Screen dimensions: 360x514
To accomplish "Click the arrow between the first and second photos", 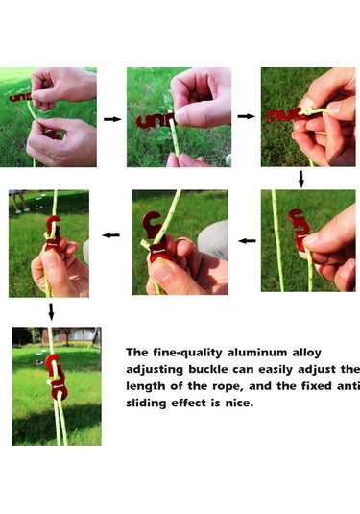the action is pyautogui.click(x=112, y=119).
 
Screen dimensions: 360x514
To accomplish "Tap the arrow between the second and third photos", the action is pyautogui.click(x=246, y=116).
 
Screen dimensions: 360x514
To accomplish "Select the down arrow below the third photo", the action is pyautogui.click(x=301, y=180).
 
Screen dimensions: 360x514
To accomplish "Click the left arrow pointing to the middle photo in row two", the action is pyautogui.click(x=247, y=241).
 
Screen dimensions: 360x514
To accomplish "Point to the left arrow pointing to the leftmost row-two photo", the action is pyautogui.click(x=110, y=235).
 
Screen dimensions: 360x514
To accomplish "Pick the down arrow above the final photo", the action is pyautogui.click(x=51, y=311).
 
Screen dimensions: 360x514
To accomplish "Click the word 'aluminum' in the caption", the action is pyautogui.click(x=257, y=353).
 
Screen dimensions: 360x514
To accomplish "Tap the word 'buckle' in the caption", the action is pyautogui.click(x=207, y=370).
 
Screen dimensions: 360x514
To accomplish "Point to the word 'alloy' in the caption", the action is pyautogui.click(x=306, y=354).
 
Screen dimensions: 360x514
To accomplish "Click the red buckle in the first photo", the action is pyautogui.click(x=20, y=97).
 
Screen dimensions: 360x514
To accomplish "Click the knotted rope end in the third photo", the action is pyautogui.click(x=307, y=111).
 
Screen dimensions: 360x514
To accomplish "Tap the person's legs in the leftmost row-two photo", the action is pyautogui.click(x=19, y=201).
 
